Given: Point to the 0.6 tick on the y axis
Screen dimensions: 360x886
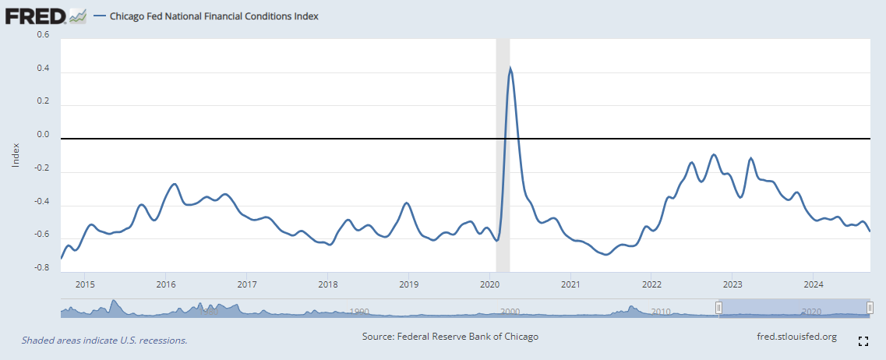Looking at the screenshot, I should (x=43, y=35).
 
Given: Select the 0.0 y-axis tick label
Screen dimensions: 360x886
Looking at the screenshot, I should (x=43, y=135).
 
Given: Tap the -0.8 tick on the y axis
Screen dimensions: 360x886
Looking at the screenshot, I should (x=41, y=268).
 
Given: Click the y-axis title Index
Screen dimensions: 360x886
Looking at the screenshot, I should (x=16, y=155).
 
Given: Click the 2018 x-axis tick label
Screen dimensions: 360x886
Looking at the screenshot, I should (x=327, y=284).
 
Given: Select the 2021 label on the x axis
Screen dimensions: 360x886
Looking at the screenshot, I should (x=570, y=284).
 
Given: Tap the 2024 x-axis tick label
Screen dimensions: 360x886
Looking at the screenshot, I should (x=814, y=284).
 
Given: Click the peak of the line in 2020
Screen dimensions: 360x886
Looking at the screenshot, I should (x=510, y=69).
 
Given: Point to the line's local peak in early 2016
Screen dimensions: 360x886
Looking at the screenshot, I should (x=175, y=184).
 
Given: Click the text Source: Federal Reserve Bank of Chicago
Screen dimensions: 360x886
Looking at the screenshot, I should (x=450, y=337).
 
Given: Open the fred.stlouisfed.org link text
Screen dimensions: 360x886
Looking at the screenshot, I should (x=796, y=337).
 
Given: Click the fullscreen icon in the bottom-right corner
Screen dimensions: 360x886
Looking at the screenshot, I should (x=863, y=341).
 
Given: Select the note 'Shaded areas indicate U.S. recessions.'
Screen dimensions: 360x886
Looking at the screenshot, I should (x=104, y=341).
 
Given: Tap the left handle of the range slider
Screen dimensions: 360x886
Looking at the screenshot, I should (x=719, y=309).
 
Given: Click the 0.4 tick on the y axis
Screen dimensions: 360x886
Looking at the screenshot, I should (x=43, y=69).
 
